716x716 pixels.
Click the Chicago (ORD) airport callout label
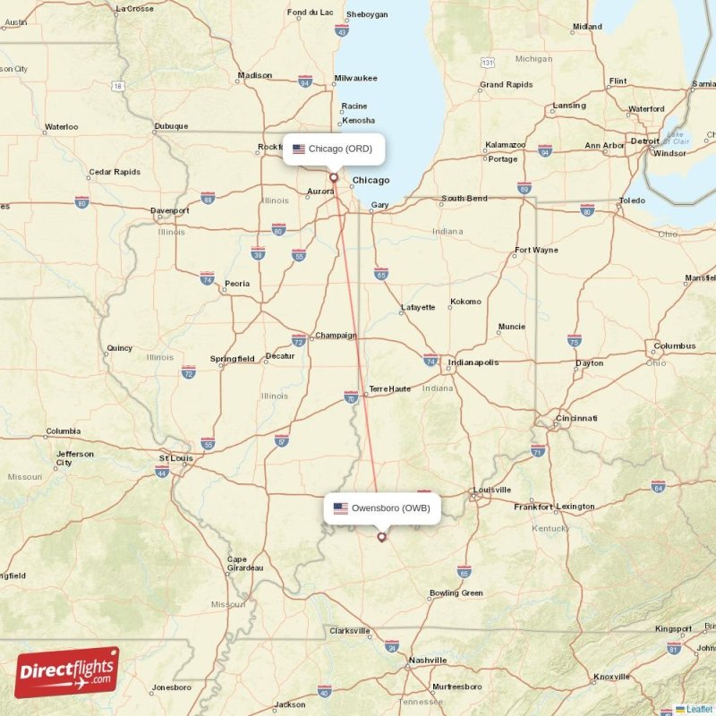[x=334, y=149]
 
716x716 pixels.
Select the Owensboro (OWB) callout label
[x=382, y=508]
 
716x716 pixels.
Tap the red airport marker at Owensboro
[x=382, y=537]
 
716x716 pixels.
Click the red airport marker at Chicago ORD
[x=334, y=177]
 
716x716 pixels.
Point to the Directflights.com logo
[x=67, y=671]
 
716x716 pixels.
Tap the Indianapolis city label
[x=473, y=362]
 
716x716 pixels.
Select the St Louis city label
[x=175, y=457]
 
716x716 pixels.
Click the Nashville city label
[x=428, y=660]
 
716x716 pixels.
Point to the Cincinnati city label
[x=576, y=418]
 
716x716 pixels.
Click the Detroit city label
[x=644, y=141]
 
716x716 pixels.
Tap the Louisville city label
[x=492, y=490]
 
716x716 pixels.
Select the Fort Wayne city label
[x=535, y=250]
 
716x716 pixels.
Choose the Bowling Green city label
[x=456, y=592]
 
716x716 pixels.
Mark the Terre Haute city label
[x=389, y=388]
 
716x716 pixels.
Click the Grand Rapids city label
[x=507, y=85]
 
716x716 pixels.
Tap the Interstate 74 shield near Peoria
[x=207, y=278]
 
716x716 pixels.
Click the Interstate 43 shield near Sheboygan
[x=341, y=30]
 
